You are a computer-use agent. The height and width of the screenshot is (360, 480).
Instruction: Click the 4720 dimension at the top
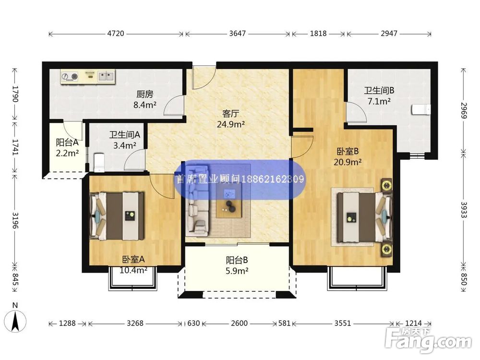116,34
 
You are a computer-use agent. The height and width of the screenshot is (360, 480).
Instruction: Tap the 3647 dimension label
238,34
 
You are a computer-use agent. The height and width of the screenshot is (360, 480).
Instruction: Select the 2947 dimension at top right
389,34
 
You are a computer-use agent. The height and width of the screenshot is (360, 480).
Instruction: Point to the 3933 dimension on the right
464,210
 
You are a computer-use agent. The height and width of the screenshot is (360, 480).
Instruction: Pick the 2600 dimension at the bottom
239,323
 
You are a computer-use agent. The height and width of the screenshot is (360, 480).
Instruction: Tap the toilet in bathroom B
421,109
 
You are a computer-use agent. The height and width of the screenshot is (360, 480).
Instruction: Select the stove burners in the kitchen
70,76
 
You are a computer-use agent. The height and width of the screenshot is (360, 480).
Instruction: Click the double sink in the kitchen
106,76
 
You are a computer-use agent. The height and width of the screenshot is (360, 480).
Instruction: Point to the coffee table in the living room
228,202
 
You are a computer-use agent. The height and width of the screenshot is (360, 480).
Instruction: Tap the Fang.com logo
428,340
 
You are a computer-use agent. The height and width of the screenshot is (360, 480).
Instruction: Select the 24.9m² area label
231,124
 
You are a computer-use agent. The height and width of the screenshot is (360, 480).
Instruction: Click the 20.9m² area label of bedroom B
348,162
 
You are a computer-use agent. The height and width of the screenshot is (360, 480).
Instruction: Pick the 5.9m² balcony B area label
237,271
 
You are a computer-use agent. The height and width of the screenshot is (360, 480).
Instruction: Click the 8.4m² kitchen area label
145,105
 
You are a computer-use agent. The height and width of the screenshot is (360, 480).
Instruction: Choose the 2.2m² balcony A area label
67,153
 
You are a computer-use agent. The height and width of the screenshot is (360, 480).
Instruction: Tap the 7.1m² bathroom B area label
379,101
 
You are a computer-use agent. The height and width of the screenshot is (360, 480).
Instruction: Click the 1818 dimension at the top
318,34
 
